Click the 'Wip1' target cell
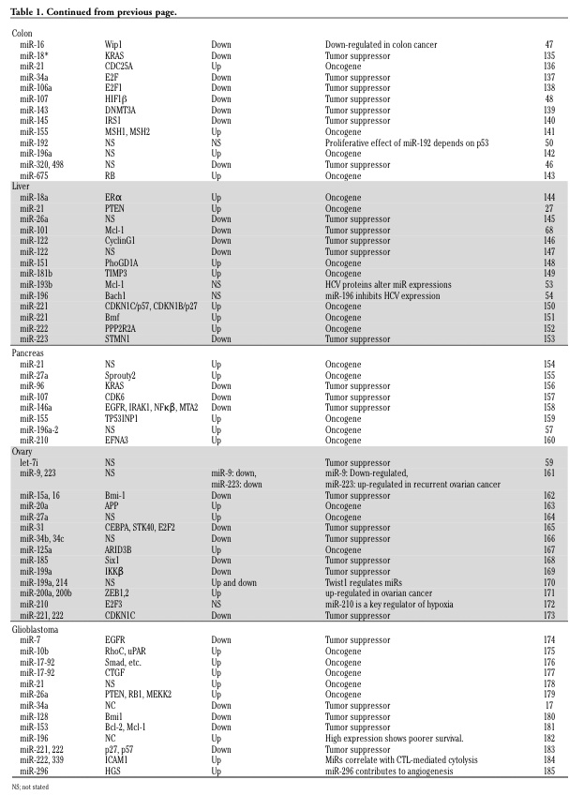coord(113,44)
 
